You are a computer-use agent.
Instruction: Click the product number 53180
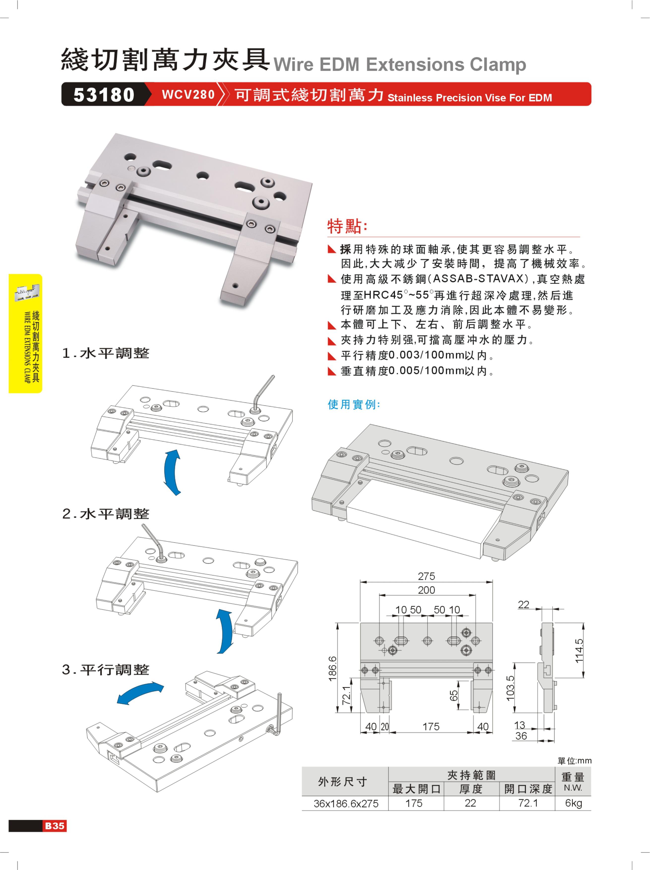click(x=104, y=95)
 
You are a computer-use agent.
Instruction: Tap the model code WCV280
click(x=188, y=95)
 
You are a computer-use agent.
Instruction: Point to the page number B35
click(x=55, y=826)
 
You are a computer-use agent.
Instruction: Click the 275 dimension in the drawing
click(x=426, y=576)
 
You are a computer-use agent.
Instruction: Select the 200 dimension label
click(x=426, y=590)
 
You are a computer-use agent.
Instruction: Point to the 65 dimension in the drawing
click(x=454, y=695)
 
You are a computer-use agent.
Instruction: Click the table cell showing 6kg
click(x=573, y=803)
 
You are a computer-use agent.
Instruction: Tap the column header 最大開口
click(x=416, y=789)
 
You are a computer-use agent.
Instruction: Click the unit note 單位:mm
click(x=575, y=761)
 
